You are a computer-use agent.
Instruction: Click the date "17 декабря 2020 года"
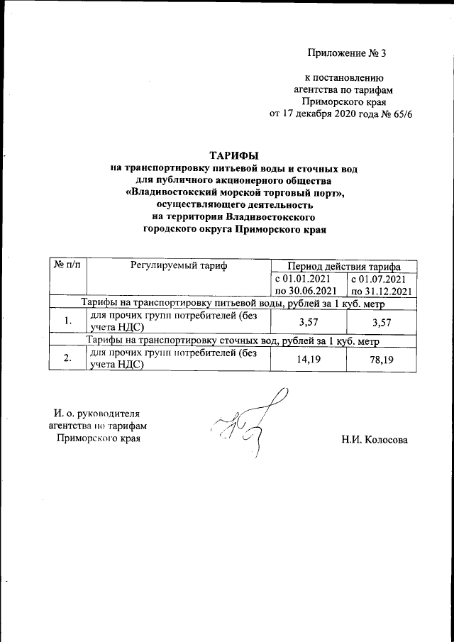(x=329, y=114)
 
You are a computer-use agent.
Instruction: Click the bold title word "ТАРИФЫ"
(x=233, y=155)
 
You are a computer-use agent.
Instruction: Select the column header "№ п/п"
(x=67, y=265)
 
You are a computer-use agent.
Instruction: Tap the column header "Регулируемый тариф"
(x=178, y=265)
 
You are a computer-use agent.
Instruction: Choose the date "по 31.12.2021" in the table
(x=381, y=291)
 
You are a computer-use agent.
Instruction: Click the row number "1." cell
(x=67, y=321)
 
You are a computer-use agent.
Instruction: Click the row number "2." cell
(x=67, y=359)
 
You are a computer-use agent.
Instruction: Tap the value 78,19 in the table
(x=381, y=360)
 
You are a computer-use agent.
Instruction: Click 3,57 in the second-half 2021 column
(x=381, y=321)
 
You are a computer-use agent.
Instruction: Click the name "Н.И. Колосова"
(x=375, y=439)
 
